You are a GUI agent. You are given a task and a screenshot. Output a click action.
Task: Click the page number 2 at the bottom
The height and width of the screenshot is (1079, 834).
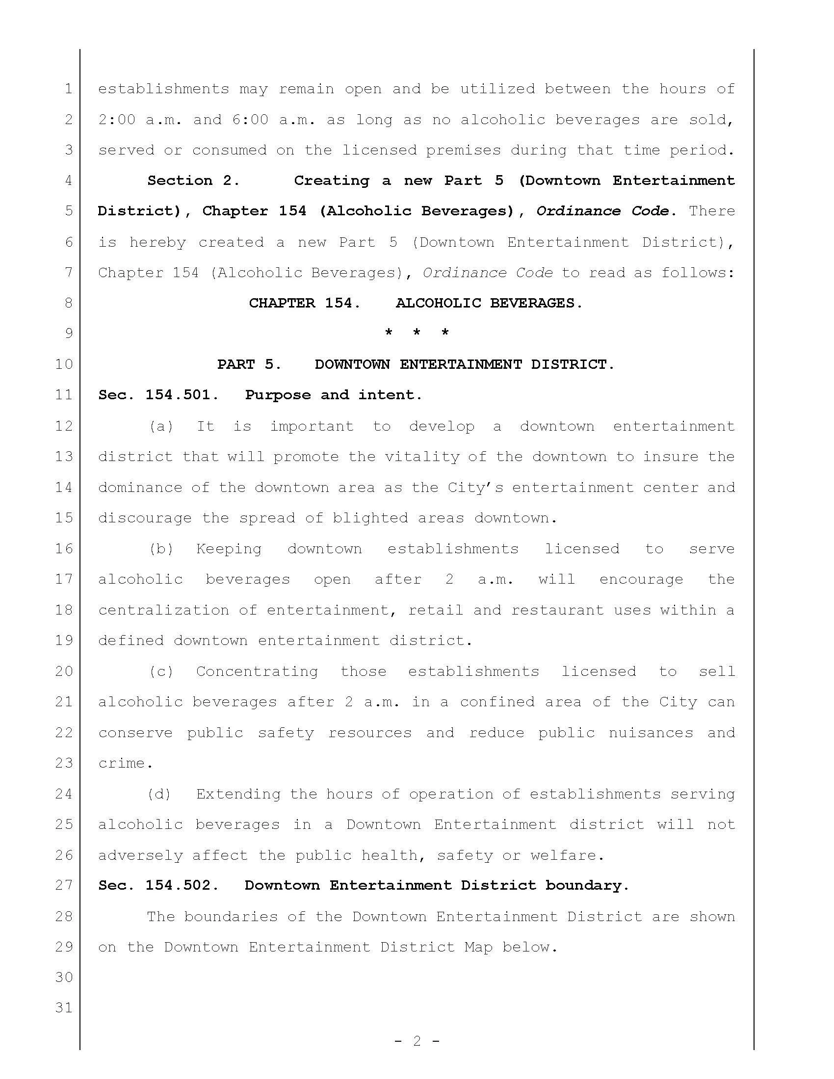coord(417,1041)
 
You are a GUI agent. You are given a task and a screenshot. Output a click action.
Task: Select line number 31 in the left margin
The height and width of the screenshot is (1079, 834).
coord(64,1007)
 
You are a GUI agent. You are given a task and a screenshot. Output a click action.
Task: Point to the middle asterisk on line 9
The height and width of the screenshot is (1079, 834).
coord(417,333)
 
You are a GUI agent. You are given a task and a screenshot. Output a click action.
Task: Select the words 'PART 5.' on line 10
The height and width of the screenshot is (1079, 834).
coord(249,364)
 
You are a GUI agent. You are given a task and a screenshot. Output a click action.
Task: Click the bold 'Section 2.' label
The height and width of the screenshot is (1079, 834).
coord(193,180)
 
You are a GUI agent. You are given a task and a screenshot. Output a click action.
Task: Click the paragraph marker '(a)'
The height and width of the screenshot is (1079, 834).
coord(161,426)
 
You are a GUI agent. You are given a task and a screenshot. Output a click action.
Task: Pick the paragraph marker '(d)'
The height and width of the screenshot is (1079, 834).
coord(159,794)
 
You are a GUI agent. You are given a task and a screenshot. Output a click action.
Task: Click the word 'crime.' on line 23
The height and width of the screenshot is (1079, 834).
coord(126,763)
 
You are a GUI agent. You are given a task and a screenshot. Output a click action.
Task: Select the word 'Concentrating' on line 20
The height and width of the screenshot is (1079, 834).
coord(257,671)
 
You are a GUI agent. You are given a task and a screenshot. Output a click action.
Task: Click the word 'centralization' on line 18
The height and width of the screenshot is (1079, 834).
coord(163,610)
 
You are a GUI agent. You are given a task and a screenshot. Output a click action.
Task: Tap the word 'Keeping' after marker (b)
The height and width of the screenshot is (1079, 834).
coord(229,548)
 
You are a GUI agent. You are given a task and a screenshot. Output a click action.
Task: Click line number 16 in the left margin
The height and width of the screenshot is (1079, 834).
coord(64,548)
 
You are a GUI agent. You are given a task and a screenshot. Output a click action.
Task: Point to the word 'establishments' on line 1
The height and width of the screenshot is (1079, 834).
coord(163,89)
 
